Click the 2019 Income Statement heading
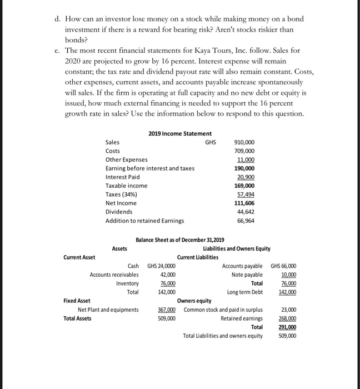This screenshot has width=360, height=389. (x=180, y=133)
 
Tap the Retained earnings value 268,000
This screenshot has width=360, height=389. (x=287, y=318)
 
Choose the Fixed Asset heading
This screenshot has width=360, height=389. (x=77, y=301)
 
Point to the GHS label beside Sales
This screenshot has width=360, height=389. (x=211, y=143)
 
